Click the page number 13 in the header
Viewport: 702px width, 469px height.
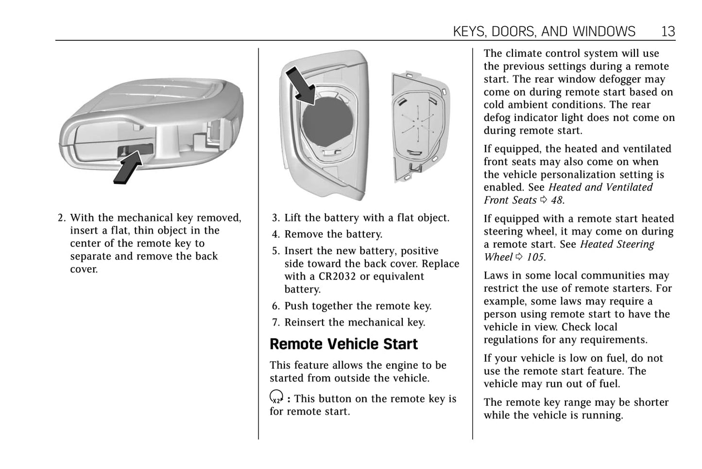tap(668, 32)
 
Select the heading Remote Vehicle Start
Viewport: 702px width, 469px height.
tap(343, 344)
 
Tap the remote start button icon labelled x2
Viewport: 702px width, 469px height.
tap(276, 397)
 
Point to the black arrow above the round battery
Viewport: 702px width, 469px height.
tap(300, 85)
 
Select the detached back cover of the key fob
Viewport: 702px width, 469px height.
tap(420, 126)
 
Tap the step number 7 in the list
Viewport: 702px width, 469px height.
tap(275, 323)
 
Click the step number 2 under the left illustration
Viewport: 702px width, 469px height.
tap(61, 218)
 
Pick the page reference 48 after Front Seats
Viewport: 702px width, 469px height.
tap(557, 200)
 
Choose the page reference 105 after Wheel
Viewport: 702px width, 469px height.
tap(535, 257)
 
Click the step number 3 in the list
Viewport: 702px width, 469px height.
tap(275, 218)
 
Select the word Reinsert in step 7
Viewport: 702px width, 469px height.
tap(304, 323)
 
